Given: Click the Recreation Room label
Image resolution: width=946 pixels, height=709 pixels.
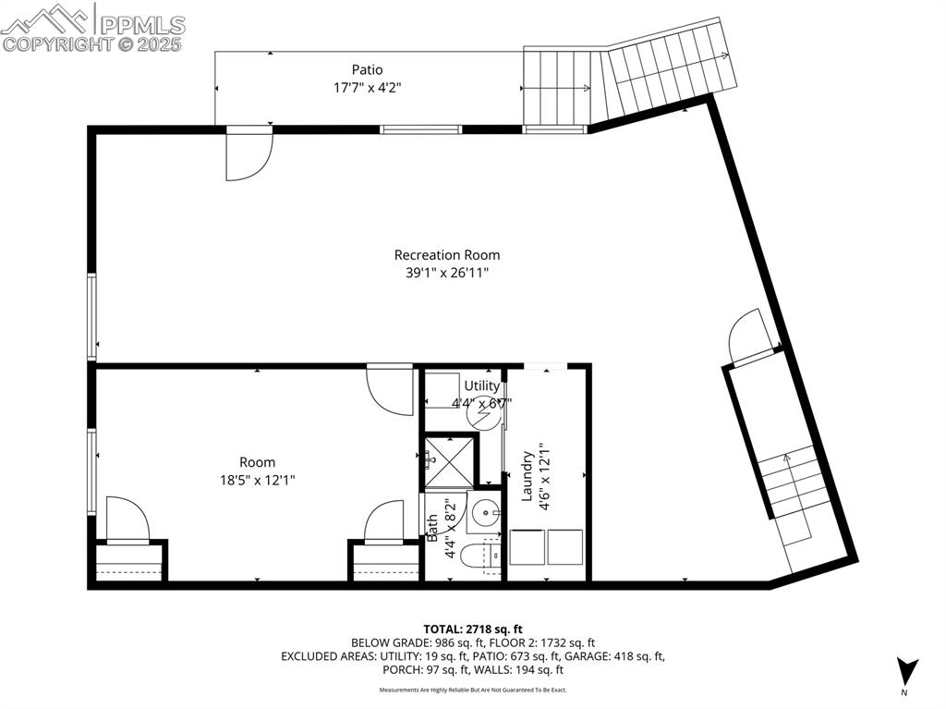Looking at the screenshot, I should point(447,255).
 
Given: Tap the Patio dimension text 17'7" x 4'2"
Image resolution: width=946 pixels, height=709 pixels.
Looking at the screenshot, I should point(367,88).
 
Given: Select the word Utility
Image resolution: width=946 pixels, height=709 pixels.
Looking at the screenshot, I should point(481,385).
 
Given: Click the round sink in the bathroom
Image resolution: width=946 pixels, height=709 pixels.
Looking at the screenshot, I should point(485,511).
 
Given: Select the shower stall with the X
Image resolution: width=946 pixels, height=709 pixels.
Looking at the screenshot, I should point(446,459).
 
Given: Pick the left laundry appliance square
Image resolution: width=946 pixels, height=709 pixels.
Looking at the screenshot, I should point(528,546).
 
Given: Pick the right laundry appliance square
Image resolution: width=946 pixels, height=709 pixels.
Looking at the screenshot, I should point(564,546).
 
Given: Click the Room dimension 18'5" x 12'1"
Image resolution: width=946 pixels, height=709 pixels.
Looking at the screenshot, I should point(257,479).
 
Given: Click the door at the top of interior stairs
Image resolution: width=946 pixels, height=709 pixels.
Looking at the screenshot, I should point(749,337).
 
